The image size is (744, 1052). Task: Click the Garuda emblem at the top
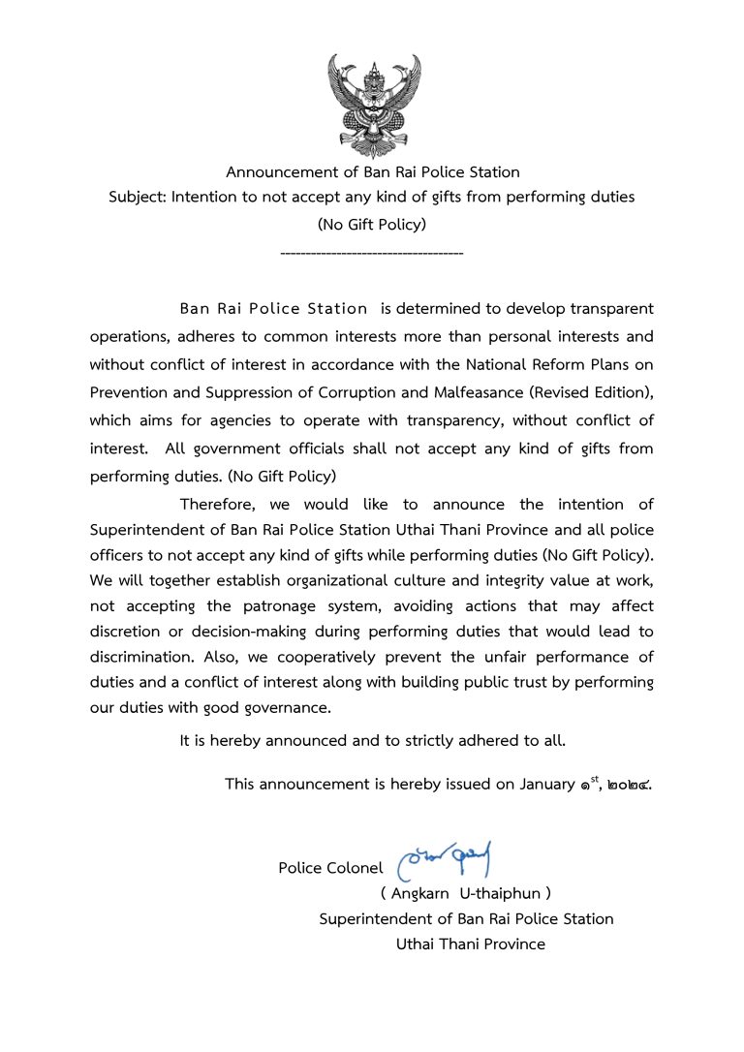[373, 105]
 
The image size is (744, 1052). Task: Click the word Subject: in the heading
[139, 197]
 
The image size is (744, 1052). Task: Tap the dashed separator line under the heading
[371, 253]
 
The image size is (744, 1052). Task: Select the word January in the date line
[547, 784]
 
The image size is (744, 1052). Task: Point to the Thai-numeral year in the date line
[631, 784]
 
